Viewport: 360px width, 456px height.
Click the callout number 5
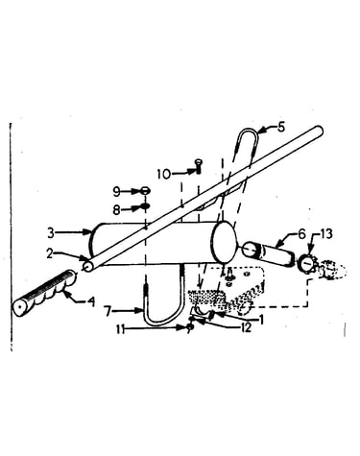[x=280, y=127]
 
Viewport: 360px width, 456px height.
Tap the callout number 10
[x=164, y=175]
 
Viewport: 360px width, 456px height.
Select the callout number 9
[x=116, y=192]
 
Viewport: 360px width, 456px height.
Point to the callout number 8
[x=116, y=210]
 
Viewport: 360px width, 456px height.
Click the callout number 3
[x=51, y=233]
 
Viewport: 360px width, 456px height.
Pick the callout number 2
[x=50, y=253]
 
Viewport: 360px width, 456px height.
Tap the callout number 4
[x=91, y=301]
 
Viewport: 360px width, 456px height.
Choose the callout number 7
[x=108, y=311]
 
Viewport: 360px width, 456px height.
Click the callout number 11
[x=120, y=329]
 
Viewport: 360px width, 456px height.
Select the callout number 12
[x=246, y=328]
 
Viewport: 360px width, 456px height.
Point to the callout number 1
[x=261, y=320]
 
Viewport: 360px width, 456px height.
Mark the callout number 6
[x=302, y=234]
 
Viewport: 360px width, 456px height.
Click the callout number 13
[x=326, y=234]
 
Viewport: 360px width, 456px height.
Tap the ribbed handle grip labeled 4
[x=44, y=293]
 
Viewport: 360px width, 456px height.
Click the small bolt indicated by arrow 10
[x=199, y=166]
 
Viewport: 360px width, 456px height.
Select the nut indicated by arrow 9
[x=146, y=191]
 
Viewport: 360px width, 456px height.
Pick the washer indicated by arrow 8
[x=145, y=206]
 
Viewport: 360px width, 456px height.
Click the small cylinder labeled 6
[x=268, y=254]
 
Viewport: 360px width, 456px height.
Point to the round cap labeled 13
[x=306, y=263]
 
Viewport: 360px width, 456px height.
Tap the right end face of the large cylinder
[x=224, y=242]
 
